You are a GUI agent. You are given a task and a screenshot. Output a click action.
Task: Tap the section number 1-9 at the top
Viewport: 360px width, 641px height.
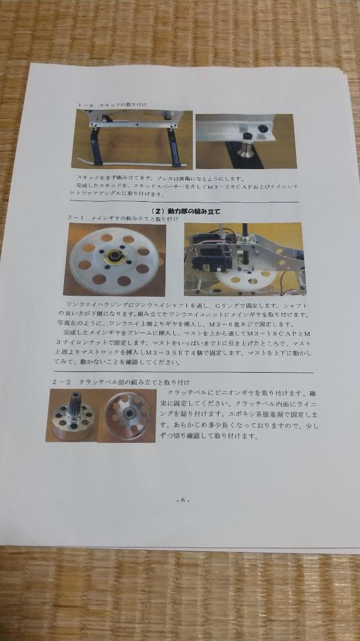[86, 105]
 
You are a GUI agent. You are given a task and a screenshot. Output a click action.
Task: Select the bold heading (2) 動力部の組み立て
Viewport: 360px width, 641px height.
[187, 211]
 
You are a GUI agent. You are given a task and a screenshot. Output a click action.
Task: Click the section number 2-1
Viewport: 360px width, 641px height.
[76, 219]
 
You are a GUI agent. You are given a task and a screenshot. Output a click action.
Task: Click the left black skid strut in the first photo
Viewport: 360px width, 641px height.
[95, 147]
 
